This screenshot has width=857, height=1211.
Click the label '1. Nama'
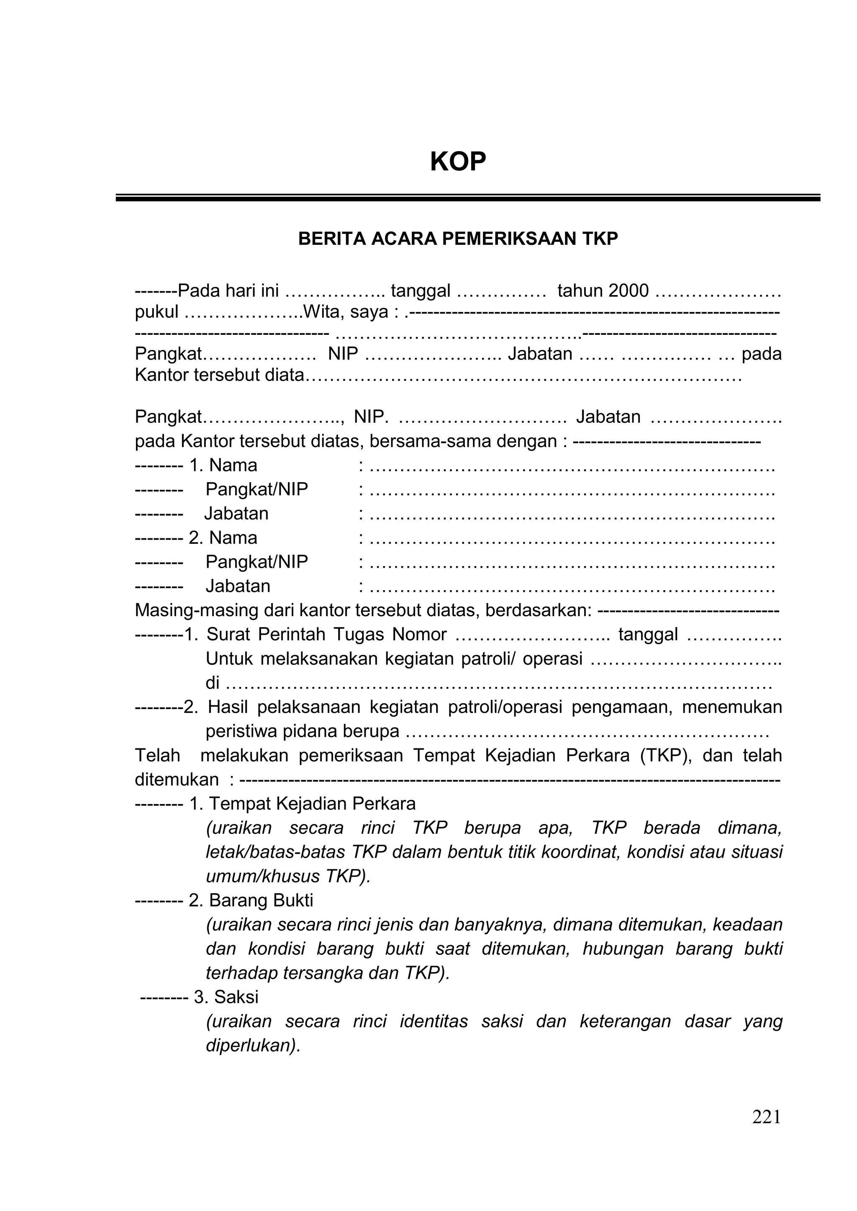point(223,465)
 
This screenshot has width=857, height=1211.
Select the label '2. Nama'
point(223,537)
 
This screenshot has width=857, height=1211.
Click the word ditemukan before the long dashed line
point(177,780)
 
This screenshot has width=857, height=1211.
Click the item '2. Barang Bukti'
point(251,900)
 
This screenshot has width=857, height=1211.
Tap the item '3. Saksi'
point(226,997)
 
